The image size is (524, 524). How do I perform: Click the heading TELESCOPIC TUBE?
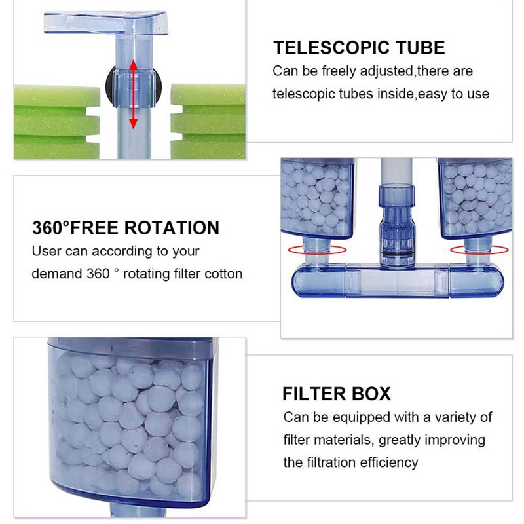359,48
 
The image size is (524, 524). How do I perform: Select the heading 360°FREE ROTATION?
126,229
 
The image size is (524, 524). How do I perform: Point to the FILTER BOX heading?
337,394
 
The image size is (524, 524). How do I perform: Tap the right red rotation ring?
478,249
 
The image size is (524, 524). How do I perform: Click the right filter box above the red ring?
475,200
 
